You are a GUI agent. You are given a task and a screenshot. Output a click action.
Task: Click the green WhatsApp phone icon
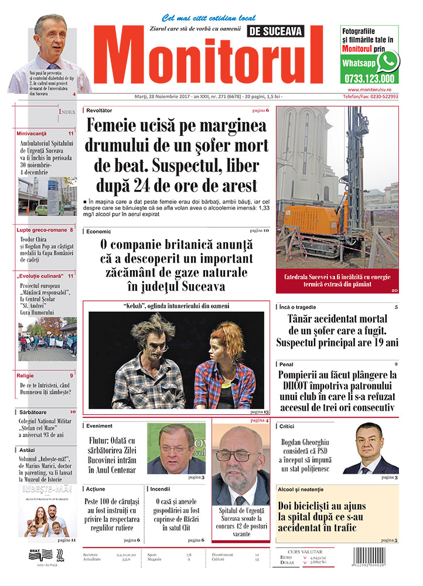[x=388, y=60]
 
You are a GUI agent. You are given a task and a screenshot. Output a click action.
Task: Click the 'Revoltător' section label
[x=99, y=110]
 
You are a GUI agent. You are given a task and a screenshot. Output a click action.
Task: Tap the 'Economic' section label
[x=98, y=231]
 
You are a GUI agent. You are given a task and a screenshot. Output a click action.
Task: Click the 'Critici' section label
[x=287, y=427]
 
